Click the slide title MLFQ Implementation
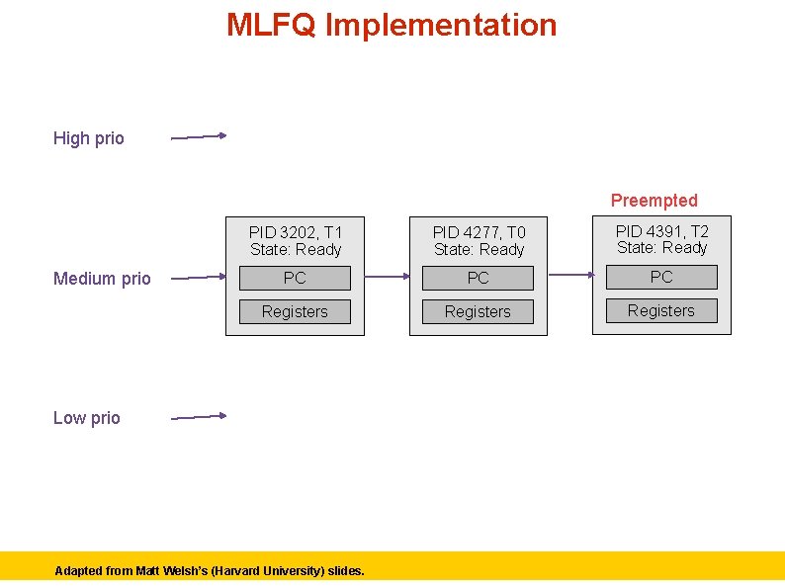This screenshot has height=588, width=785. coord(392,25)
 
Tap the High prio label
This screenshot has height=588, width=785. coord(89,138)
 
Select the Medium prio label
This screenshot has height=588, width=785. coord(102,279)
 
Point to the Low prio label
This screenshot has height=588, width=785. coord(87,418)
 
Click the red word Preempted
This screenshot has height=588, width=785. coord(654,201)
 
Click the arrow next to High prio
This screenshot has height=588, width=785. coord(199,137)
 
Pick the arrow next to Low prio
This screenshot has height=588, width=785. coord(199,417)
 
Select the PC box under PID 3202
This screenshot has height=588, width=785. coord(295,279)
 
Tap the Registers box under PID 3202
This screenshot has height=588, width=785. coord(295,312)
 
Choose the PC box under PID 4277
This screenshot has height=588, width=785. coord(478,279)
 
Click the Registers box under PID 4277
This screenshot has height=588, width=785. coord(478,312)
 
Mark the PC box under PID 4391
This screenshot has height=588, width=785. coord(661,278)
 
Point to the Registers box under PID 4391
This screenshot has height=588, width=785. coord(661,311)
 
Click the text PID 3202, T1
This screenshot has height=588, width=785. coord(296,232)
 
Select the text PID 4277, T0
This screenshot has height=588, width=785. coord(480,232)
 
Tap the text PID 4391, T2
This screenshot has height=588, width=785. coord(662,231)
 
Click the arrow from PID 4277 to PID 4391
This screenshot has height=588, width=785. coord(569,275)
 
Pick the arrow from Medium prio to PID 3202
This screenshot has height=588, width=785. coord(199,278)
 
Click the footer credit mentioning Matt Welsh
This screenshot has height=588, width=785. coord(210,571)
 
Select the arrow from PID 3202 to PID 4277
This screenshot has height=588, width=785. coord(387,278)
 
